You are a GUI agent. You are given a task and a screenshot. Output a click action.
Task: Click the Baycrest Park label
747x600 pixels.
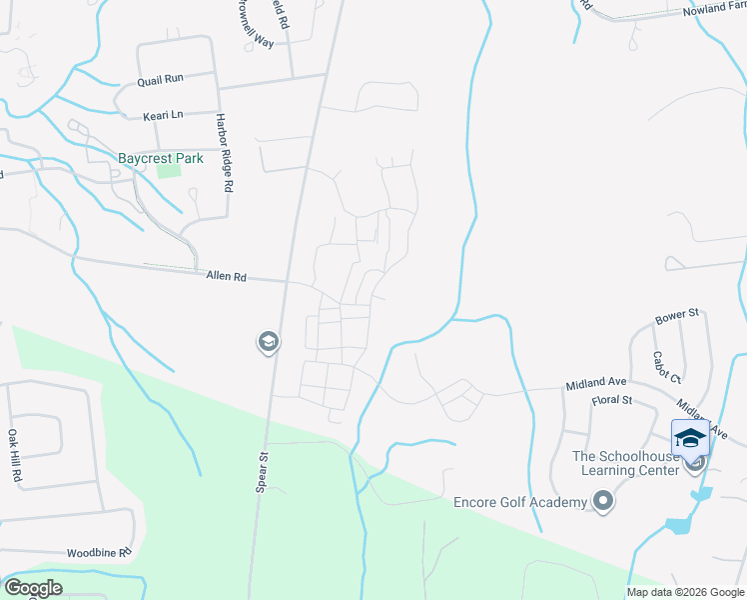(160, 158)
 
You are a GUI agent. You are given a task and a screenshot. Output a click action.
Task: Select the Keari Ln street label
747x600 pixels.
(163, 115)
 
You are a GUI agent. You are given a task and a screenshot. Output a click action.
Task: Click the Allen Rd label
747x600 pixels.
(226, 275)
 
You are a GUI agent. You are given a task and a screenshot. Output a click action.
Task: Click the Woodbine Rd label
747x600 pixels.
(99, 552)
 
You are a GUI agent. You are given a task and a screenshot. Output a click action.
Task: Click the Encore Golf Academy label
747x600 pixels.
(519, 502)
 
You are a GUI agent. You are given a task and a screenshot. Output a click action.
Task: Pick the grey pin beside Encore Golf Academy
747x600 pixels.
(602, 500)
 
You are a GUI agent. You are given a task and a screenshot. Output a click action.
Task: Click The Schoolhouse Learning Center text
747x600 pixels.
(626, 463)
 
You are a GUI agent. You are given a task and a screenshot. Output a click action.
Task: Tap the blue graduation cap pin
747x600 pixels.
(691, 438)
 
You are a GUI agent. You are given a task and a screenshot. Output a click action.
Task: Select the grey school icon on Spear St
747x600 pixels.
(268, 343)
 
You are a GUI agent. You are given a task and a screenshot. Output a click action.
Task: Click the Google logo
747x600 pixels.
(33, 588)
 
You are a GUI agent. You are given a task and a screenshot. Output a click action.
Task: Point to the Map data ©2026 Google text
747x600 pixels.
(686, 592)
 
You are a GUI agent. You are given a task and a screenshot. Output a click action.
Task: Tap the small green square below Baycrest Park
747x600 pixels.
(169, 170)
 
